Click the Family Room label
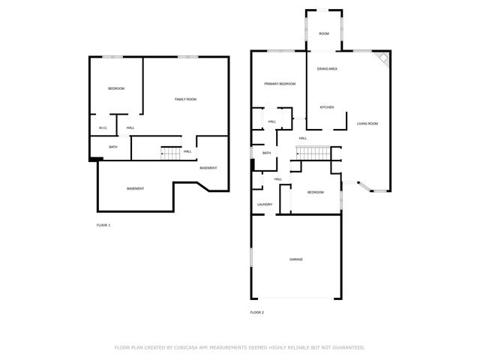coord(185,100)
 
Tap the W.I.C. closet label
coord(103,127)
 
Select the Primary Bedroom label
coord(280,84)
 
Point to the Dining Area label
coord(327,69)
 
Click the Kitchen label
coord(327,107)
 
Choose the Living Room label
coord(367,123)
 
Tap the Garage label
coord(296,259)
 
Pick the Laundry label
coord(264,204)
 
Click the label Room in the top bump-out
coord(324,34)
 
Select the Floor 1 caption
coord(103,225)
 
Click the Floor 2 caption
coord(257,312)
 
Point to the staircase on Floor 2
coord(315,154)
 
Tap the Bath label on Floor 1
coord(112,147)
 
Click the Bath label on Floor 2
coord(266,153)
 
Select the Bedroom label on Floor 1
coord(116,89)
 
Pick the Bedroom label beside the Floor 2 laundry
coord(316,193)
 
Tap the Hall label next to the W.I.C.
coord(130,127)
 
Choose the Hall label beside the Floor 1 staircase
coord(187,151)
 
